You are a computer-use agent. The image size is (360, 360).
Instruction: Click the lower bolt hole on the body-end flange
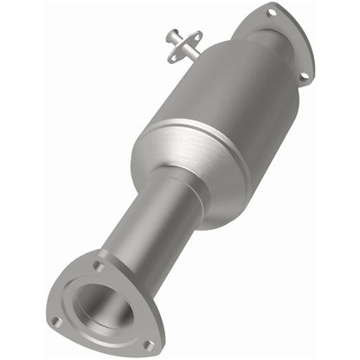[x=303, y=76]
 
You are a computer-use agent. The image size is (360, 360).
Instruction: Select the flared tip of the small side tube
[x=168, y=36]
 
